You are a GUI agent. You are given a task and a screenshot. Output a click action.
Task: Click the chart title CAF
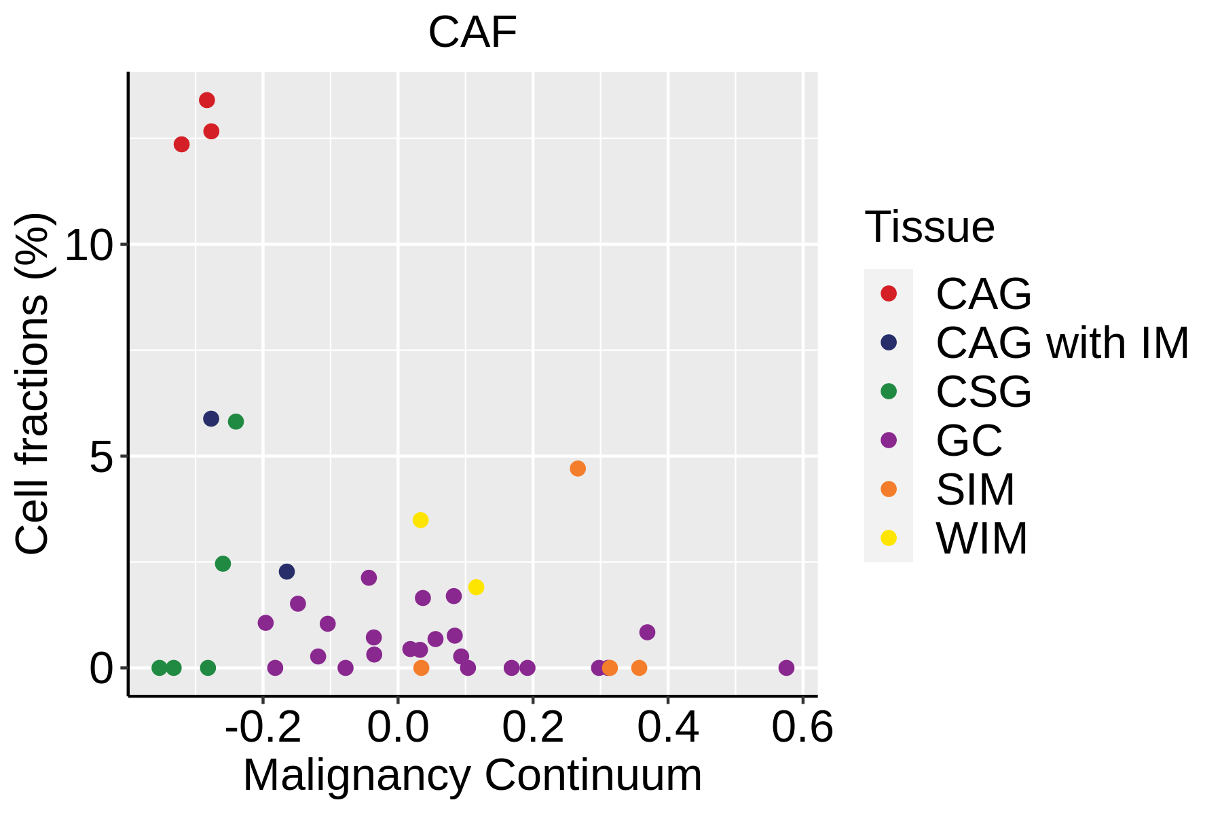tap(473, 32)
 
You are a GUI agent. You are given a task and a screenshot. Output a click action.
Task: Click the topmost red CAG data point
tap(207, 101)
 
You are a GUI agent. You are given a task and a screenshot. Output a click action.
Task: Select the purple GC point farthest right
tap(786, 668)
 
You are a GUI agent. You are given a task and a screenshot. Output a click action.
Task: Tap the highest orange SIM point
tap(578, 469)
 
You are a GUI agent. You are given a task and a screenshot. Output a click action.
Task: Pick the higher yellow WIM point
tap(420, 520)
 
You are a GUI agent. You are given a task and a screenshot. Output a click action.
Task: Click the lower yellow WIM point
tap(476, 587)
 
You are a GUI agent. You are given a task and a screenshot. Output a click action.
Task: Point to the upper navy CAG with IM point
tap(211, 419)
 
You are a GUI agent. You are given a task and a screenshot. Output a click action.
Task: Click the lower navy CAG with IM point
tap(286, 572)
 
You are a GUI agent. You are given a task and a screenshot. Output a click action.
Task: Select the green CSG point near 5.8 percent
tap(236, 422)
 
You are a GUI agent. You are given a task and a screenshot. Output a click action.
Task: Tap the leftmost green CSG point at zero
tap(160, 668)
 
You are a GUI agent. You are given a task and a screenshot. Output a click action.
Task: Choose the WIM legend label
tap(982, 539)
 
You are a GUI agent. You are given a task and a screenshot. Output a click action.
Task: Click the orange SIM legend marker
tap(888, 489)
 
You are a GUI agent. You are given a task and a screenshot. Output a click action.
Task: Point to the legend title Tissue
tap(929, 227)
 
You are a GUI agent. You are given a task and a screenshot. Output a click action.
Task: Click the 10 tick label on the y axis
tap(88, 245)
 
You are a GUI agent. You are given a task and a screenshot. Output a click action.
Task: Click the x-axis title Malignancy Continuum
tap(473, 775)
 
